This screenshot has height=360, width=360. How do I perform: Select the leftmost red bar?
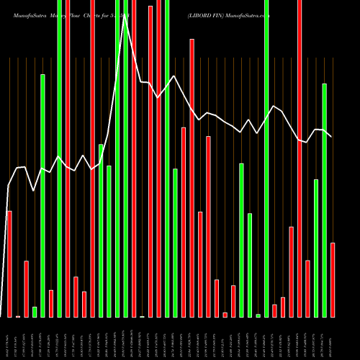9,264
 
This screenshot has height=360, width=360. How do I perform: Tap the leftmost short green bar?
35,312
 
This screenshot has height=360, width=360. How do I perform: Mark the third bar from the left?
26,289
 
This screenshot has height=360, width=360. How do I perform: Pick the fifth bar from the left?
42,195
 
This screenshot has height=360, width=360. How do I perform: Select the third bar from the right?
316,248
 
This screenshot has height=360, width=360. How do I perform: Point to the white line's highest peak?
125,18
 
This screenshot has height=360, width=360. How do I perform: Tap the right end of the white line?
331,137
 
